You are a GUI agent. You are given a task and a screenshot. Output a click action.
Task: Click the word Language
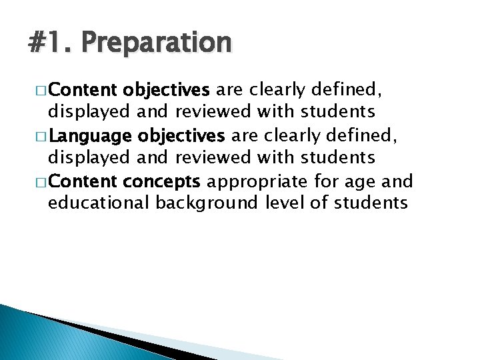(91, 137)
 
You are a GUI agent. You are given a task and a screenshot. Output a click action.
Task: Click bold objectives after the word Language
(182, 137)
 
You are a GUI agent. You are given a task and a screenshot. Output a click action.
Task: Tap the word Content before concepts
(84, 182)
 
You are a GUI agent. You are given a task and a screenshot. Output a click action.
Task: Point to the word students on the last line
(372, 203)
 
